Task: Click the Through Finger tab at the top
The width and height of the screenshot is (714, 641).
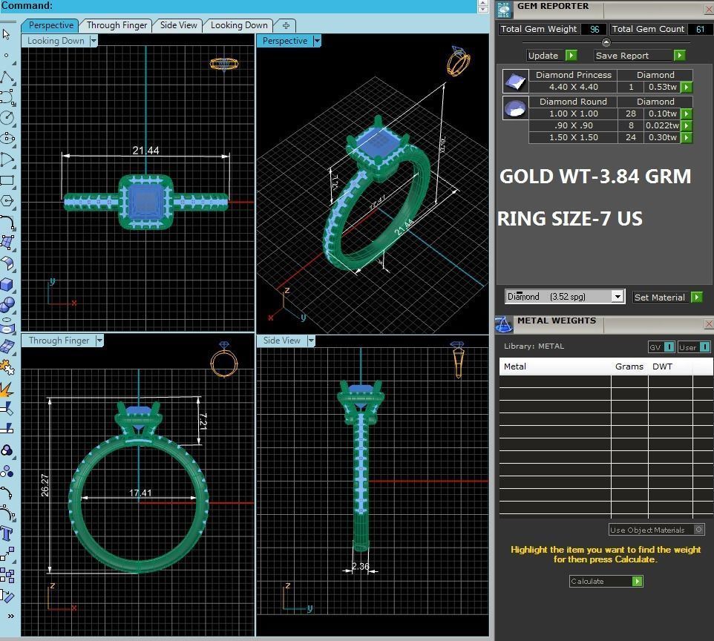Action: coord(117,25)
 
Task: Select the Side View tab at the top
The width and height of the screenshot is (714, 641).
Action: coord(179,25)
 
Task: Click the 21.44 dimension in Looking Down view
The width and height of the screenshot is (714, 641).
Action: coord(145,151)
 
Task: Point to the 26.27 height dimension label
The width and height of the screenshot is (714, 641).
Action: coord(45,484)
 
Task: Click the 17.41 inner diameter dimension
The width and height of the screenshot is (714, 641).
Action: coord(140,493)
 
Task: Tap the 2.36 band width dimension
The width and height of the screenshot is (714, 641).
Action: coord(361,567)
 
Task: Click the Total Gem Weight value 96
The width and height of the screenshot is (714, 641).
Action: coord(595,30)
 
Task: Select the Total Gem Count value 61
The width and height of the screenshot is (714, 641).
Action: coord(700,30)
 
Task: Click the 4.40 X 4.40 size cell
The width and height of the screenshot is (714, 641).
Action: coord(574,87)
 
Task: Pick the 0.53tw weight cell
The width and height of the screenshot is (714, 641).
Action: coord(662,87)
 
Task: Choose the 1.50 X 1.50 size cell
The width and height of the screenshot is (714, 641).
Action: coord(574,137)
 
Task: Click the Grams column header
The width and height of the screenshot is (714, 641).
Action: coord(629,366)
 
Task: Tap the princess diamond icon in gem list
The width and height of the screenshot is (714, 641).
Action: coord(515,80)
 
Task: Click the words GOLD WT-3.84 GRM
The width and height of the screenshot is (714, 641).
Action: coord(595,177)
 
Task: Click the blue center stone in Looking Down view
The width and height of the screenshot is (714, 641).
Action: coord(145,201)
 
